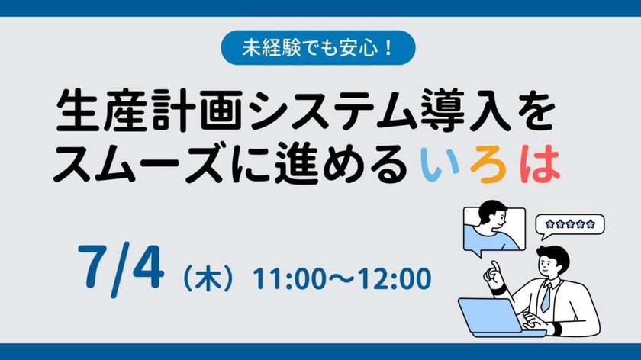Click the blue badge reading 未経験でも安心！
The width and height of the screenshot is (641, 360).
click(318, 47)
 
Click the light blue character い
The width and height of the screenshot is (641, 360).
click(436, 164)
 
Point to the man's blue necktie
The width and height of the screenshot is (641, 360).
click(546, 297)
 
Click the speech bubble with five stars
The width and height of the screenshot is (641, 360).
click(569, 224)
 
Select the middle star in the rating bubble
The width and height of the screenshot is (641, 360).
click(569, 223)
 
